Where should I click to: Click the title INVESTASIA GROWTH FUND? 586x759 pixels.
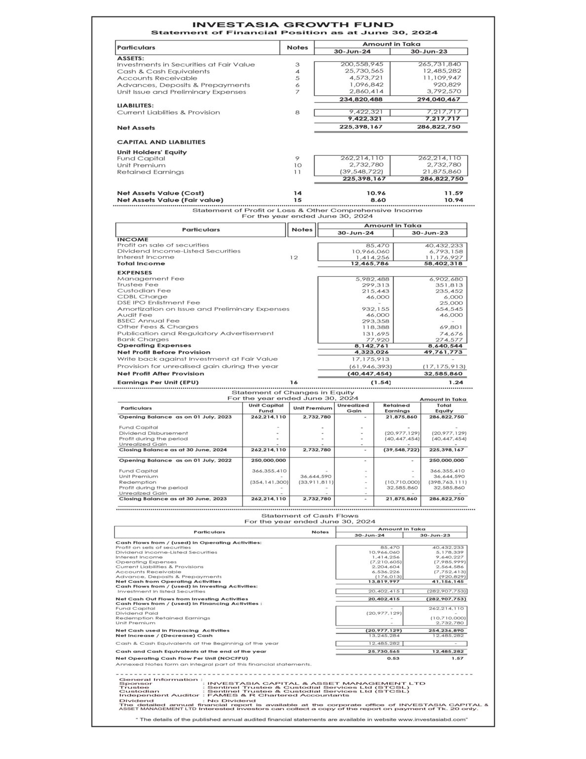pyautogui.click(x=293, y=25)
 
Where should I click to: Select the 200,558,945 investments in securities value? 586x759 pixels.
pyautogui.click(x=362, y=64)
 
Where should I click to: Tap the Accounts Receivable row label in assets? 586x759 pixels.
pyautogui.click(x=157, y=78)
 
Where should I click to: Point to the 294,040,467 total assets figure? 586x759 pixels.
pyautogui.click(x=438, y=99)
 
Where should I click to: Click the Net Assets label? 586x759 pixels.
pyautogui.click(x=136, y=128)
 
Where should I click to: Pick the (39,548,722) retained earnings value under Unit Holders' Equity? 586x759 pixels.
pyautogui.click(x=362, y=172)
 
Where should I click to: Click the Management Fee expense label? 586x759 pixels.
pyautogui.click(x=151, y=279)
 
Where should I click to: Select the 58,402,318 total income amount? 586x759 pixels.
pyautogui.click(x=442, y=264)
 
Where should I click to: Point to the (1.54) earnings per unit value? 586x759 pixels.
pyautogui.click(x=381, y=382)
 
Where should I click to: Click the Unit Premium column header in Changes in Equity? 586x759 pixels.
pyautogui.click(x=313, y=408)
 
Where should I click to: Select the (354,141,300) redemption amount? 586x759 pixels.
pyautogui.click(x=269, y=482)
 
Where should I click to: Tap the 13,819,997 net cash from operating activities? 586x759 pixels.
pyautogui.click(x=384, y=582)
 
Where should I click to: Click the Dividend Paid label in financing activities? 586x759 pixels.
pyautogui.click(x=130, y=613)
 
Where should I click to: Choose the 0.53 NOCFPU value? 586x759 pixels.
pyautogui.click(x=393, y=658)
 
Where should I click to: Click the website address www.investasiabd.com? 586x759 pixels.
pyautogui.click(x=432, y=719)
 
